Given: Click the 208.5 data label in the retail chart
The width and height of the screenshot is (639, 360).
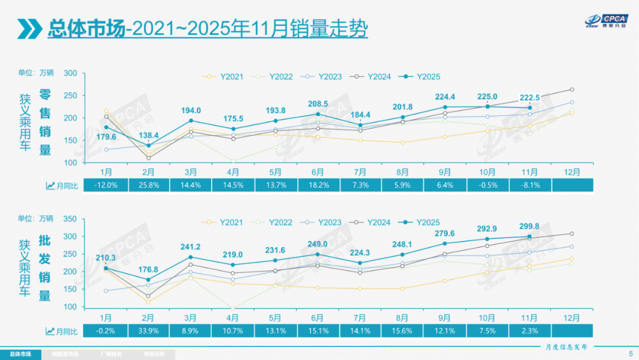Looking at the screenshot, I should [317, 104].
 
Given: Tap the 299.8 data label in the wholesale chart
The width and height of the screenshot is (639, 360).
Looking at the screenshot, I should [529, 226].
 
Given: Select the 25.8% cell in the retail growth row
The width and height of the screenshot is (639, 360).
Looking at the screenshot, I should [149, 185].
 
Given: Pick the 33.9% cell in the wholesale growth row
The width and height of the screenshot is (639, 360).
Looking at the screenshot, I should [149, 330].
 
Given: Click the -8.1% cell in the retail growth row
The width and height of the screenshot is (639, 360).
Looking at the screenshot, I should [530, 185].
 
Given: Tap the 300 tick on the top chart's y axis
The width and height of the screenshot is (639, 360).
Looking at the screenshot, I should [70, 73].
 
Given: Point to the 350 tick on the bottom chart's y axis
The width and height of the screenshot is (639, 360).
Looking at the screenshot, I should [70, 219].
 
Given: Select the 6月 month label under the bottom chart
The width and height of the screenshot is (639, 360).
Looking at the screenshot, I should [318, 317].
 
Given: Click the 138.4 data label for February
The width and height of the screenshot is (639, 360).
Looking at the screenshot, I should [148, 135].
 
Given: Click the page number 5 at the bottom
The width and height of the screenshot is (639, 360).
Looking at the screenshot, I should [629, 354].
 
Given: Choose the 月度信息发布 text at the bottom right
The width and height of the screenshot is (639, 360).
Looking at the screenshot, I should [567, 346].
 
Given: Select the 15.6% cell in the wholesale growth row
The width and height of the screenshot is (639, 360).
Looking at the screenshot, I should [402, 330].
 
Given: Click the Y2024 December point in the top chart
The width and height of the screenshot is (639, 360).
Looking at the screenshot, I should [572, 89].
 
